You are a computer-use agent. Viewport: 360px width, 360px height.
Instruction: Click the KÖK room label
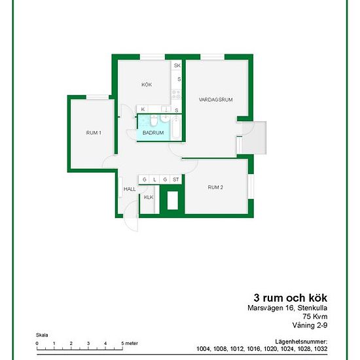pos(147,84)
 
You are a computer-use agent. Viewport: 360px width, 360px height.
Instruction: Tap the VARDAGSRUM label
pos(215,99)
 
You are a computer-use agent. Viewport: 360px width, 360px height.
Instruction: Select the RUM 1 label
pos(94,133)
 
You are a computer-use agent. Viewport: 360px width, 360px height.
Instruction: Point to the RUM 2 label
pos(215,187)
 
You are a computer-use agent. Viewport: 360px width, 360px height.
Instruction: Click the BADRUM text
pos(153,133)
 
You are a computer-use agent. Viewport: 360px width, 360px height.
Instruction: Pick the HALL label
pos(130,189)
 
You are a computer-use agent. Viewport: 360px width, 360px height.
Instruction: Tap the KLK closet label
pos(149,197)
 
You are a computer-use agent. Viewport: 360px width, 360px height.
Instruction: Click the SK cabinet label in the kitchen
pos(177,65)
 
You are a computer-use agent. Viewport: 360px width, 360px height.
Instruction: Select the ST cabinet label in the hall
pos(175,179)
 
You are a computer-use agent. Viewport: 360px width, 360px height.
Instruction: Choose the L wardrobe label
pos(154,179)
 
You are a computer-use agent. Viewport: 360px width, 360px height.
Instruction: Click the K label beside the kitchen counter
pos(143,109)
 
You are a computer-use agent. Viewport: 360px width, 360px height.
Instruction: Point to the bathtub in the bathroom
pos(176,128)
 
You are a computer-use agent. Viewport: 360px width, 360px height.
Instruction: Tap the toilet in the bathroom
pos(154,121)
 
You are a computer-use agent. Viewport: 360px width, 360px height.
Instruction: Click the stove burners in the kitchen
pos(176,94)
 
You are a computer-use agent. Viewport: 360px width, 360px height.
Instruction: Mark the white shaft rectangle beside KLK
pos(173,200)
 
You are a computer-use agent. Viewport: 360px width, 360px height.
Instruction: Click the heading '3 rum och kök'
pos(291,298)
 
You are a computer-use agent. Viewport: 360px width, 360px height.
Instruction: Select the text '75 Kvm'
pos(315,316)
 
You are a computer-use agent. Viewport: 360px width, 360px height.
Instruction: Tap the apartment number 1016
pos(253,349)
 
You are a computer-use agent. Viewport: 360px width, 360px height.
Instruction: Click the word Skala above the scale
pos(42,335)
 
